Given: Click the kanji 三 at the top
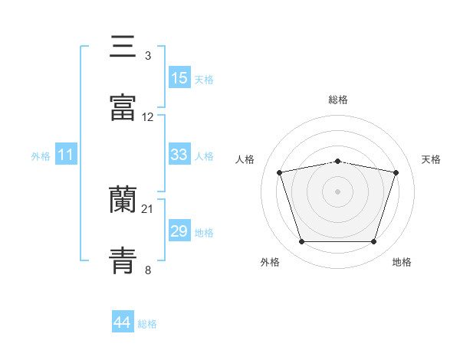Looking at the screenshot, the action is point(123,46).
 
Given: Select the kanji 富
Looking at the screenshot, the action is point(123,107).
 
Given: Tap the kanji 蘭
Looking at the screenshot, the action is point(123,199).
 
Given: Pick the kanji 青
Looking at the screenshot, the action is point(123,260).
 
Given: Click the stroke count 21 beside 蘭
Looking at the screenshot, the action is point(147,209).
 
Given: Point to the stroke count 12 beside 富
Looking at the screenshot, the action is point(147,117).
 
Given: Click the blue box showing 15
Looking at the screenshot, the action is point(179,77).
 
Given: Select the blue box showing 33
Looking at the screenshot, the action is point(179,154).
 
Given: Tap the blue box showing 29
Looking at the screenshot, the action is point(179,230).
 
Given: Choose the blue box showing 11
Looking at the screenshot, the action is point(66,154).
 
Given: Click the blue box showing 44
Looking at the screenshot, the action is point(123,321).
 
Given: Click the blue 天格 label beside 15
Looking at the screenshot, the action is point(204,80).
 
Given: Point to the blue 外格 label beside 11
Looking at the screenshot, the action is point(41,156).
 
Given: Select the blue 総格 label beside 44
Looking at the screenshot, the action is point(147,324).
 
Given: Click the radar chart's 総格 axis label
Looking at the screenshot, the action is point(338,100).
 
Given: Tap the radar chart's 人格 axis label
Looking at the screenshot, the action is point(245,159).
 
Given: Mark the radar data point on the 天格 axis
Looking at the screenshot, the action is point(396,172).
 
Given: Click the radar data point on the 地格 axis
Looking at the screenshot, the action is point(373,242).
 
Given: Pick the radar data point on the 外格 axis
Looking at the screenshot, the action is point(301,242).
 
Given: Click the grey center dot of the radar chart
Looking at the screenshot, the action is point(337,191).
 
